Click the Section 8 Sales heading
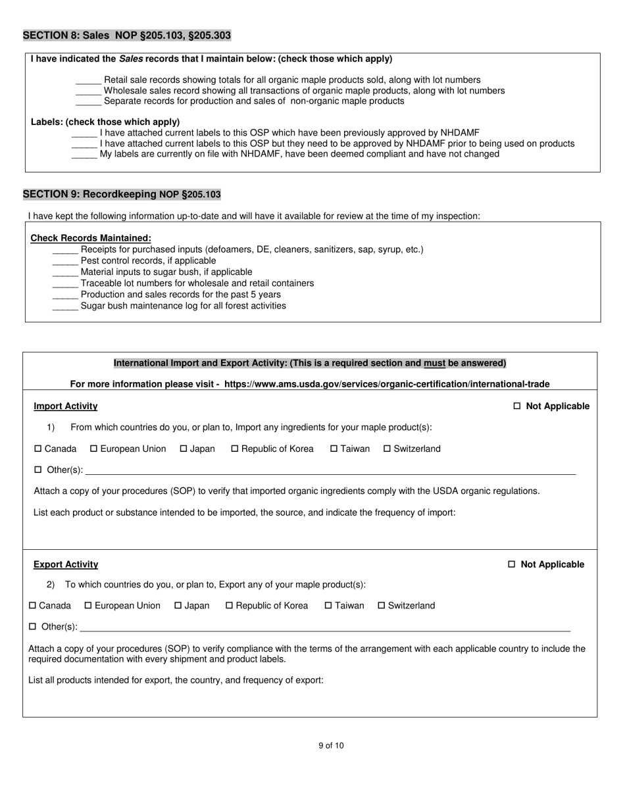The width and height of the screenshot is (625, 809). tap(126, 36)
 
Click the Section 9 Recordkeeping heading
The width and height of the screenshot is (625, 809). tap(122, 194)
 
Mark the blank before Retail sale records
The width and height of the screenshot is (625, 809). tap(88, 80)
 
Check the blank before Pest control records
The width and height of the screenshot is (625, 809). tap(64, 261)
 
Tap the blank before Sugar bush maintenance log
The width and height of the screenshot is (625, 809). tap(64, 306)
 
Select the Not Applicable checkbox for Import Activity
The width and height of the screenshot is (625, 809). tap(517, 406)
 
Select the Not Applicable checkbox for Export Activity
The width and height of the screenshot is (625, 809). tap(512, 564)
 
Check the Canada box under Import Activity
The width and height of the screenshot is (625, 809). tap(38, 449)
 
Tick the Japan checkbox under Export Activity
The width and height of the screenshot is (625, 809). tap(178, 606)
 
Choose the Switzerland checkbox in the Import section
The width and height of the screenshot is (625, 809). tap(387, 449)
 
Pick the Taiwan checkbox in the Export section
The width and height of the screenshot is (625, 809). tap(328, 606)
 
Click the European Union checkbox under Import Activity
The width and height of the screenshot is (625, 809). tap(93, 449)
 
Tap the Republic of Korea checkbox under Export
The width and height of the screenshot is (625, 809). tap(229, 606)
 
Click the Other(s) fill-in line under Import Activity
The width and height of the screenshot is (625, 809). tap(329, 471)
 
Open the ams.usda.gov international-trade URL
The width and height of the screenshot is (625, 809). tap(386, 384)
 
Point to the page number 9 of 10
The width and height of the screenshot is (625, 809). tap(331, 745)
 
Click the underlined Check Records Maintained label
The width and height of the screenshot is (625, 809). tap(91, 238)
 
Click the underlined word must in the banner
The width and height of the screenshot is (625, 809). tap(434, 363)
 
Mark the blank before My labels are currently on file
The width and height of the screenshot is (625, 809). tap(84, 155)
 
